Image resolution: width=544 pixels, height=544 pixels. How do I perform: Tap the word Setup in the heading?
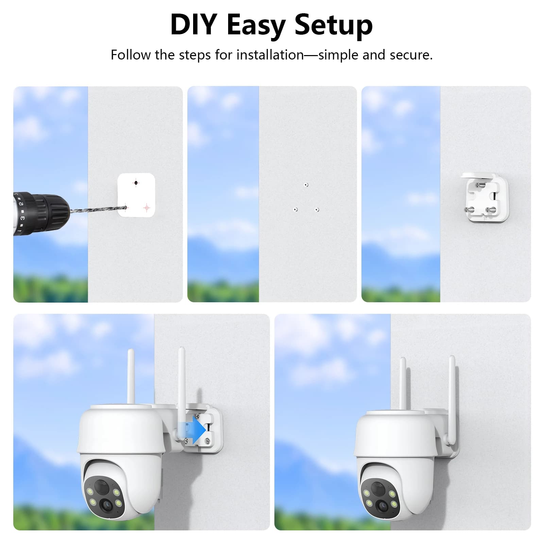point(334,26)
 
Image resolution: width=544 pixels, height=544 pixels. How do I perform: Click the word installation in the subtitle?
point(270,55)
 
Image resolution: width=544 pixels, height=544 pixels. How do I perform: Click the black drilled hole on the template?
point(136,183)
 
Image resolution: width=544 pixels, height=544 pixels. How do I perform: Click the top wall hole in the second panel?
point(306,185)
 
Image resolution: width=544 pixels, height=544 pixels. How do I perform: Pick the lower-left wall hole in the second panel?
point(295,209)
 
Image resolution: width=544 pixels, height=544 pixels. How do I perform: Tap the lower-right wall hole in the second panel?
point(317,210)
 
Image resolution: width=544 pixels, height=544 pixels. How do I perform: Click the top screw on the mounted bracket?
point(481,186)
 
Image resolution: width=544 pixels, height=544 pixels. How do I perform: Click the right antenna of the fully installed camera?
point(452,401)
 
